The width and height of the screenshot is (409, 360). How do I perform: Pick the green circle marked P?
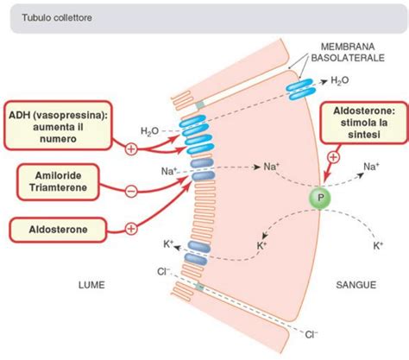pos(319,197)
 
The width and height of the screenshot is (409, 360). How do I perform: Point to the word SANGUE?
pos(356,281)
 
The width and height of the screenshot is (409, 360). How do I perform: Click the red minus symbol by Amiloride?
pos(130,189)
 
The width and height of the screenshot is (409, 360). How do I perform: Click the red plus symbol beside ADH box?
pos(131,148)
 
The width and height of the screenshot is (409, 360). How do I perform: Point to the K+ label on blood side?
pos(377,246)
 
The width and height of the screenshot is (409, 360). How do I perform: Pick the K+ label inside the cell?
pos(261,246)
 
